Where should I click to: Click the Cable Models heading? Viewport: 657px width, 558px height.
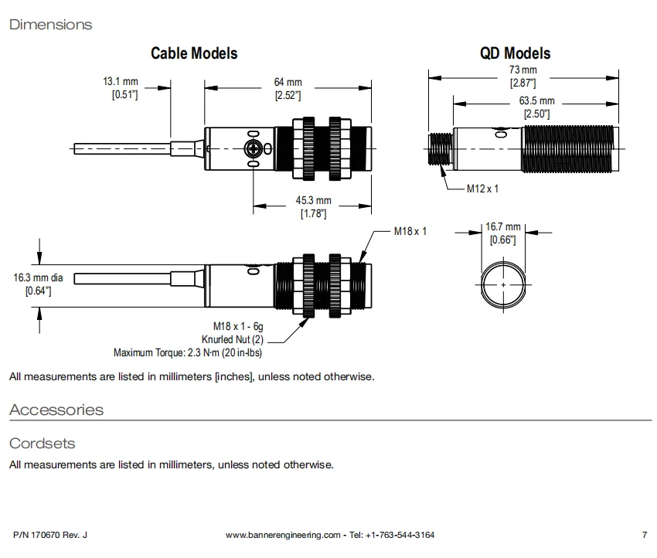click(193, 53)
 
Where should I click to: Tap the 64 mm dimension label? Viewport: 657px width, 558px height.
click(288, 83)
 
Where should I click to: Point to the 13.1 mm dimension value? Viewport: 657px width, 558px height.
click(120, 82)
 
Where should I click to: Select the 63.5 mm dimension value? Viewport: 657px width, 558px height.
click(536, 101)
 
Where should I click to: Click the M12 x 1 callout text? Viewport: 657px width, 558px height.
click(483, 189)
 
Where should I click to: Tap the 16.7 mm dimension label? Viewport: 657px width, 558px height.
click(502, 227)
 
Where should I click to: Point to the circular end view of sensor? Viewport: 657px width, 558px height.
click(503, 285)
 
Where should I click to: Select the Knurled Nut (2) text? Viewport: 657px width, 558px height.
click(233, 339)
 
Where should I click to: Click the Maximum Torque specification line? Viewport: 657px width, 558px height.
click(188, 352)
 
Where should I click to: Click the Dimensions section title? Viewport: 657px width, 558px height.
click(50, 25)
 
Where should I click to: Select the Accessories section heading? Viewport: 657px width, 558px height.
click(56, 410)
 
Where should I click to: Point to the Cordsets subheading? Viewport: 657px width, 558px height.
click(42, 444)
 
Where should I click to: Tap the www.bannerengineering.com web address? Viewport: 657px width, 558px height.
click(283, 535)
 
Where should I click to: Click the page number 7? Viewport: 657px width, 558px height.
click(644, 535)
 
